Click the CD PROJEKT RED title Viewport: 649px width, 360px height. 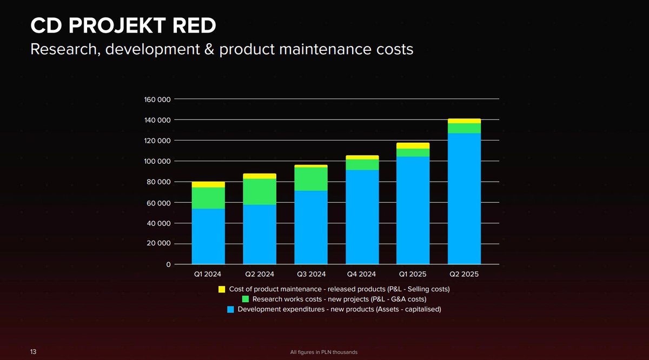[124, 25]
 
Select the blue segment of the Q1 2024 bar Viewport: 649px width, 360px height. [208, 236]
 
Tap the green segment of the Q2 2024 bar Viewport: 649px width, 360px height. [260, 191]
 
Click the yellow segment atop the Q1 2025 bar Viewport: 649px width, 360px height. [413, 145]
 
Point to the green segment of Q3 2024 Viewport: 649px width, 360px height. [310, 179]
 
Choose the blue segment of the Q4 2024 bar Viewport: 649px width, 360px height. [362, 217]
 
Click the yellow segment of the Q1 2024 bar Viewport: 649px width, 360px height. [208, 184]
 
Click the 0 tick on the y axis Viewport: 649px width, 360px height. [168, 265]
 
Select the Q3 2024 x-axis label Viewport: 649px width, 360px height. [311, 275]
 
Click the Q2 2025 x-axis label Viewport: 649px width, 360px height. [464, 275]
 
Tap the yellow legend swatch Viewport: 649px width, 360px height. [222, 289]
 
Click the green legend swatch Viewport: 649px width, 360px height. [245, 299]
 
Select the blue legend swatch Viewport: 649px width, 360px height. [230, 310]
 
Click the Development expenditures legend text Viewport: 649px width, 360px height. [339, 310]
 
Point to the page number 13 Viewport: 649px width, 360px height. [33, 352]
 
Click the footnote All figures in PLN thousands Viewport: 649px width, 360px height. [324, 352]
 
